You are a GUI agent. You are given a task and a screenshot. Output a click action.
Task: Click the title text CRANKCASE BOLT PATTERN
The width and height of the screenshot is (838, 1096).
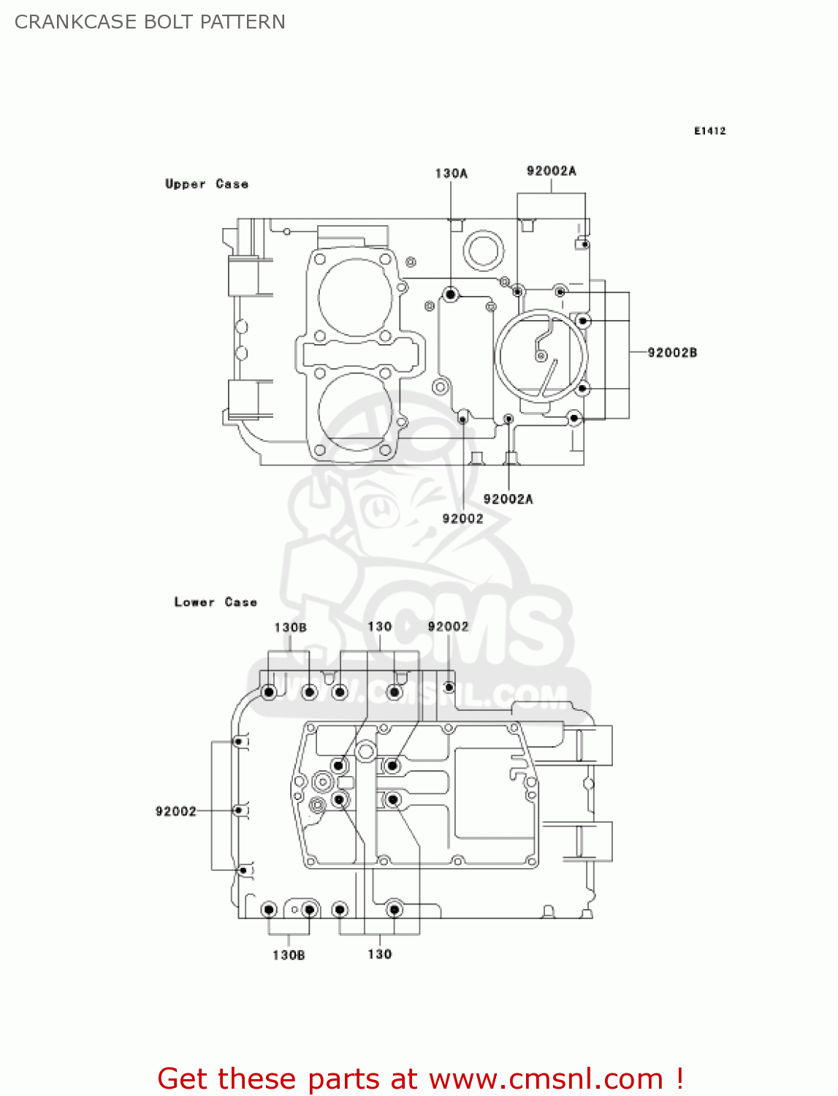[x=150, y=22]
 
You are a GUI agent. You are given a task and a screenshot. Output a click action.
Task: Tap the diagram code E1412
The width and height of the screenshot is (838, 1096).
[x=709, y=131]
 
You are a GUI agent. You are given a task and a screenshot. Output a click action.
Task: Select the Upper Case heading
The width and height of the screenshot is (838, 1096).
[x=207, y=184]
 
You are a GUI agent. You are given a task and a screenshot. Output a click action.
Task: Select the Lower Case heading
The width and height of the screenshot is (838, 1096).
[x=216, y=602]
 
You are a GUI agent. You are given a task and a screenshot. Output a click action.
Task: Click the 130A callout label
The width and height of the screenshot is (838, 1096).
[x=451, y=173]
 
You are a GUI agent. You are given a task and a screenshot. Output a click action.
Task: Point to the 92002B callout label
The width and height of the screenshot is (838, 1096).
[x=672, y=352]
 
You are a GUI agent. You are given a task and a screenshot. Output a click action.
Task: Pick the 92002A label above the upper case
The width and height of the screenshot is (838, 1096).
[x=551, y=170]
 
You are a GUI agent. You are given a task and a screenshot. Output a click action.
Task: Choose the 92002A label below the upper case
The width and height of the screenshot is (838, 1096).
[x=508, y=499]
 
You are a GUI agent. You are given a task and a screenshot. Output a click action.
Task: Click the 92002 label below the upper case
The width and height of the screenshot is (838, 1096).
[x=462, y=518]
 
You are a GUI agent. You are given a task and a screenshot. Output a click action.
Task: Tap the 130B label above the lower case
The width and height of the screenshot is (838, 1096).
[x=290, y=627]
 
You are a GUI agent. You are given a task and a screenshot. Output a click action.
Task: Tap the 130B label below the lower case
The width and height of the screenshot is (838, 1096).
[x=289, y=955]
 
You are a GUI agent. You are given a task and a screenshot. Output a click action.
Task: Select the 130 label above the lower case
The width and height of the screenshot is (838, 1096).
[x=379, y=626]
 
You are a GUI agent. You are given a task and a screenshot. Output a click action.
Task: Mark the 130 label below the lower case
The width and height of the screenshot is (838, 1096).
[x=379, y=954]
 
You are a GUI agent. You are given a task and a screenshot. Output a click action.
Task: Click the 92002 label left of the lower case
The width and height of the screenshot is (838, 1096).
[x=175, y=811]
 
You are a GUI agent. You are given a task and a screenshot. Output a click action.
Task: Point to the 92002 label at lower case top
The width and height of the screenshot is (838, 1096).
[x=448, y=626]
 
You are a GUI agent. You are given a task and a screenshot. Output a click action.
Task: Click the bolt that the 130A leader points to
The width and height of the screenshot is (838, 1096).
[x=451, y=294]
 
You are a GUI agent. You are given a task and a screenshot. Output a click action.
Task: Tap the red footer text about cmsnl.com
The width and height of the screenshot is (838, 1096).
[x=421, y=1078]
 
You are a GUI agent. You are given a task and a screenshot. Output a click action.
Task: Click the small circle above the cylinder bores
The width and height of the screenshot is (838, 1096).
[x=287, y=232]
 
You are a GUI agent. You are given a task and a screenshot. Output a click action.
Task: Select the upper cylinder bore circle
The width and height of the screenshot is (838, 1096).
[x=356, y=297]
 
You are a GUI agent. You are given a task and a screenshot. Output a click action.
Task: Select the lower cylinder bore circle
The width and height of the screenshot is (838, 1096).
[x=356, y=409]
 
